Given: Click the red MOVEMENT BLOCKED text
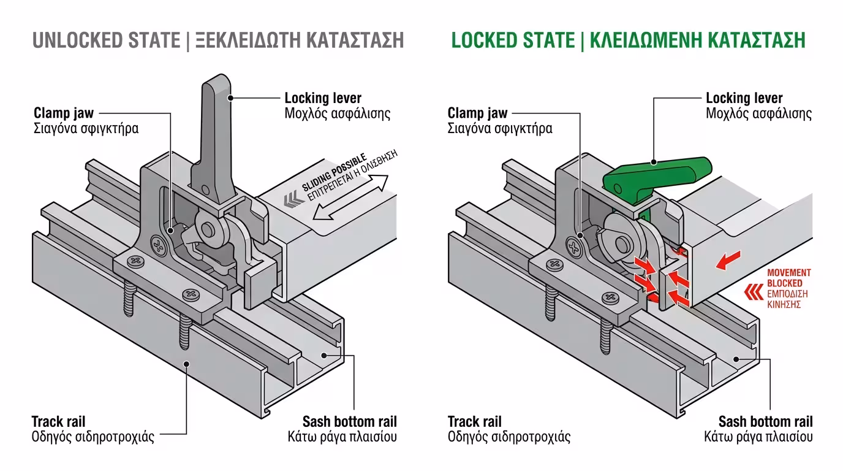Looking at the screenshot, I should point(789,278).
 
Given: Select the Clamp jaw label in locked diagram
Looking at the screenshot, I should point(477,113).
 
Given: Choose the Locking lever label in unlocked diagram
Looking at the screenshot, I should point(323,98).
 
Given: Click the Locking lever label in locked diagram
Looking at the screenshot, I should point(744,98).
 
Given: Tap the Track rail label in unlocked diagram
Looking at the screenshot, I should point(58,422).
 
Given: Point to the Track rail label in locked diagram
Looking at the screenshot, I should point(475,422).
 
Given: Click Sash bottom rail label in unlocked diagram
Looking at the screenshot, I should point(349,422).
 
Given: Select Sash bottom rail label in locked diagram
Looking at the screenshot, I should point(765,422).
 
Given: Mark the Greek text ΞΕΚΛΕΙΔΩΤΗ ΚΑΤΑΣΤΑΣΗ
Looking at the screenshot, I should point(300,40).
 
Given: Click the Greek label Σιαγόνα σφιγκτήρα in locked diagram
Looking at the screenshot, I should point(500,129).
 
